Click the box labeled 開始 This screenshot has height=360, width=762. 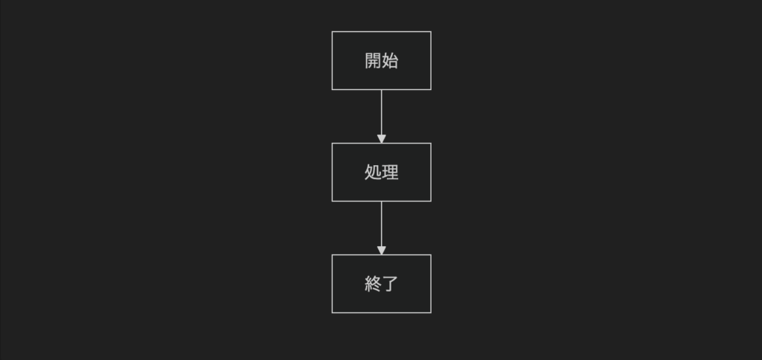pos(382,61)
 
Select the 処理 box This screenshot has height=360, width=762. pos(382,172)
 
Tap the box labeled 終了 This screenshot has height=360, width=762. pos(382,283)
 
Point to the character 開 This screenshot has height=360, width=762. pos(374,61)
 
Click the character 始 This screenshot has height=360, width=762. pos(390,61)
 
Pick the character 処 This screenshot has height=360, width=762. pos(374,172)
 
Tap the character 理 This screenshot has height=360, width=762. pos(390,172)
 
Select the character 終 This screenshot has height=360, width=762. pos(374,283)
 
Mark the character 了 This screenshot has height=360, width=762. pos(391,283)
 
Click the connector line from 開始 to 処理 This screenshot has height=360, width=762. pos(382,113)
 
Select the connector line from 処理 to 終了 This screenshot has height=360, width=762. pos(382,224)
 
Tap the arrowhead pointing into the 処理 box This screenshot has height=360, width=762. pos(382,139)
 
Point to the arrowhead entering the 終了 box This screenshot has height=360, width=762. pos(382,250)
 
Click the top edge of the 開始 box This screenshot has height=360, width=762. pos(382,31)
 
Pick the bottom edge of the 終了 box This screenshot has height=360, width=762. pos(382,312)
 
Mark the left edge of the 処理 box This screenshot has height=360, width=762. pos(332,172)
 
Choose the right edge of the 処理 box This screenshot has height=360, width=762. pos(431,172)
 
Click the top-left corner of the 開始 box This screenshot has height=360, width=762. pos(332,31)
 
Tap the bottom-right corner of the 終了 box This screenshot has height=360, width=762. pos(431,312)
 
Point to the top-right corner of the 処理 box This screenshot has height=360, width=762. pos(431,144)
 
